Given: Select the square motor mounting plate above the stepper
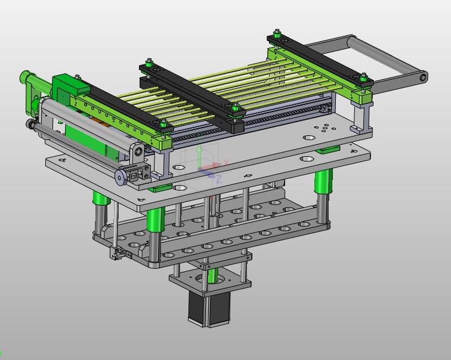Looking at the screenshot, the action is point(210,280).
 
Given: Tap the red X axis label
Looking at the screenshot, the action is point(226,162).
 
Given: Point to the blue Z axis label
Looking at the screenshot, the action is point(219,179).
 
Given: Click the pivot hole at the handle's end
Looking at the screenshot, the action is point(423,77).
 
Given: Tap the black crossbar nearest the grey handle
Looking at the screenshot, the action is point(320,59).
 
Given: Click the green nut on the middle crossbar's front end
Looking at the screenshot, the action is point(236,108).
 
